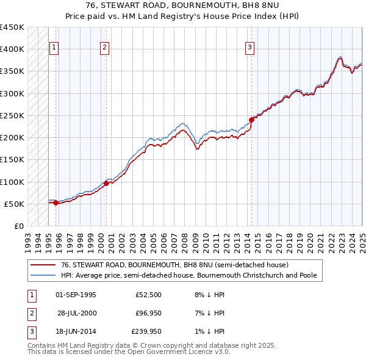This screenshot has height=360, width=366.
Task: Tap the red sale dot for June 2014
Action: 251,120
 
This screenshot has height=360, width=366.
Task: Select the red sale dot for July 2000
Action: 106,182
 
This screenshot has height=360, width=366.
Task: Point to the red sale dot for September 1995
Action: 56,203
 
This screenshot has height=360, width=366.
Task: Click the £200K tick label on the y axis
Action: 12,137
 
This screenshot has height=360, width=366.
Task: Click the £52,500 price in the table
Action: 148,295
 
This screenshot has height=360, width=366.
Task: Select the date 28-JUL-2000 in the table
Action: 76,313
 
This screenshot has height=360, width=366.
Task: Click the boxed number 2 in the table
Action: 31,313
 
